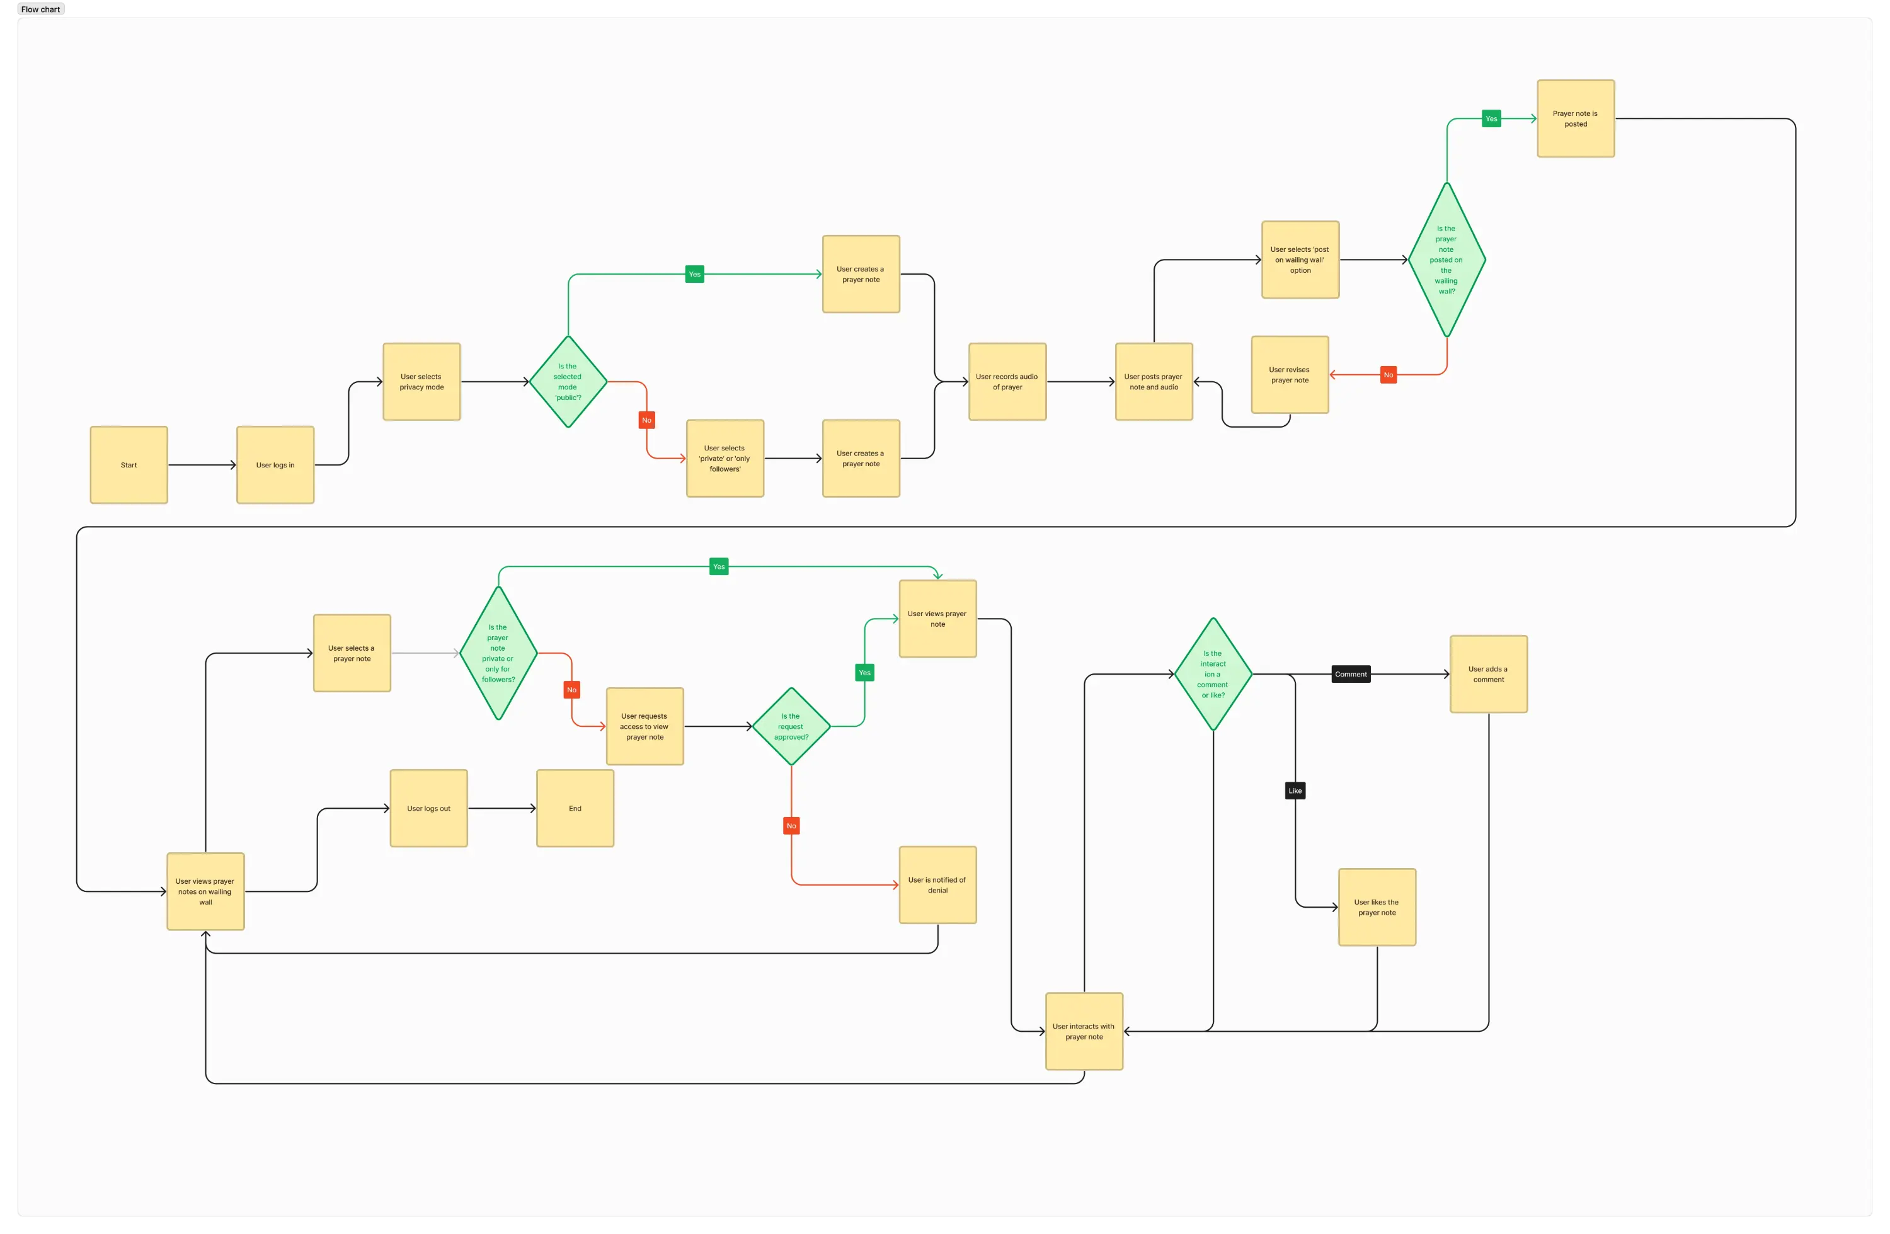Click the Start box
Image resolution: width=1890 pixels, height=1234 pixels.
129,464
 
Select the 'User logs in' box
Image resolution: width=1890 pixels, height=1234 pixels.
275,464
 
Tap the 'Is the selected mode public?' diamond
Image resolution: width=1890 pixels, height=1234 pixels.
568,382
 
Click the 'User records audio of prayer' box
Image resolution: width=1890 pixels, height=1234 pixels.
1007,382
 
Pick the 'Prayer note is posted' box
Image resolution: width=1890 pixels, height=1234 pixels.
1576,118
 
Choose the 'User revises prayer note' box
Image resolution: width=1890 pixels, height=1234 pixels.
1290,375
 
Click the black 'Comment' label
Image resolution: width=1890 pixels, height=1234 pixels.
1351,674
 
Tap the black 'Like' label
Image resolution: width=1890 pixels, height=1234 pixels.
1295,791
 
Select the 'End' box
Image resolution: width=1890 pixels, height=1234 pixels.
575,808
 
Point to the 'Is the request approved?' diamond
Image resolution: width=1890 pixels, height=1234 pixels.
791,726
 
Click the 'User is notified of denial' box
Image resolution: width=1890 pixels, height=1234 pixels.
937,884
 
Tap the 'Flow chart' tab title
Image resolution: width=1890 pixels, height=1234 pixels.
40,9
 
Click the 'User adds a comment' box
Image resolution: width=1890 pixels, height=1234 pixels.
1488,674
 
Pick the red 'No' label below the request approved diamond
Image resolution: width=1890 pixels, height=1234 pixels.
791,826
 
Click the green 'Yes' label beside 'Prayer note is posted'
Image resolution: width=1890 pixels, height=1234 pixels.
1491,118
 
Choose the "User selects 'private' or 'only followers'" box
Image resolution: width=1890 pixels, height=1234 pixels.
725,458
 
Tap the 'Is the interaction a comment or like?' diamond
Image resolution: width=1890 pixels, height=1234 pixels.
1213,674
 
